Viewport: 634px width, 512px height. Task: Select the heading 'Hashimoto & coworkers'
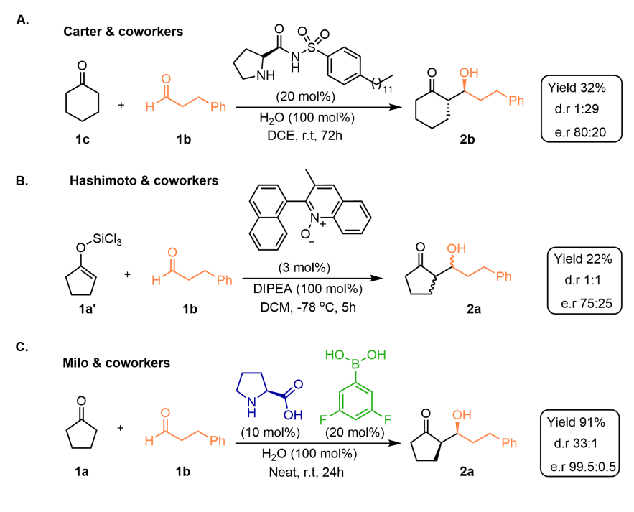pyautogui.click(x=144, y=181)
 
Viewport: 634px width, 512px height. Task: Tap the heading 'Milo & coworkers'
pyautogui.click(x=116, y=363)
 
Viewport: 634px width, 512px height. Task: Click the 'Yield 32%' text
pyautogui.click(x=579, y=88)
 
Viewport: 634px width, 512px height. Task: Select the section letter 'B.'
pyautogui.click(x=22, y=181)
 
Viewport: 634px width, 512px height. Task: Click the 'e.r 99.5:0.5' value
pyautogui.click(x=583, y=466)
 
